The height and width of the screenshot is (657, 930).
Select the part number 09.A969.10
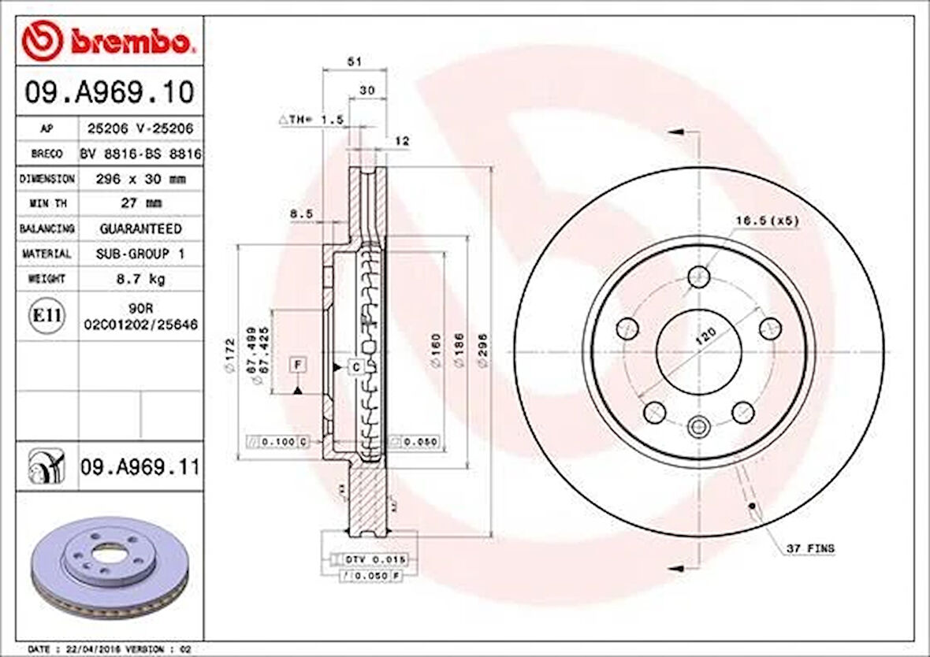tap(109, 92)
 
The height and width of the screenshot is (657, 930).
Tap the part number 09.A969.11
tap(139, 468)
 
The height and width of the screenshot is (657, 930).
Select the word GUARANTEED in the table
tap(140, 228)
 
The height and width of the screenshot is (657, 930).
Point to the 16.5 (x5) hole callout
tap(767, 221)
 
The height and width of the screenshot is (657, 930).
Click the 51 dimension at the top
tap(354, 60)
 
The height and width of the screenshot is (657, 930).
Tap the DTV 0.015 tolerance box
tap(375, 559)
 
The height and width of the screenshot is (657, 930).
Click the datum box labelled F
tap(298, 364)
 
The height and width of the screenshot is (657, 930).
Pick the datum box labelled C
tap(355, 367)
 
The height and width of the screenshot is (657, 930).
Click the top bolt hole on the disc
tap(698, 277)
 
